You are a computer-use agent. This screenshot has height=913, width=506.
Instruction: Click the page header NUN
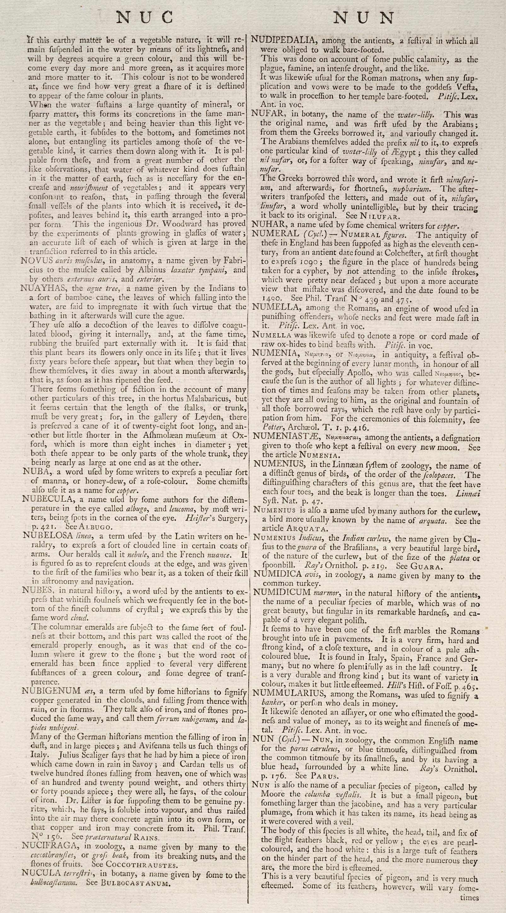pyautogui.click(x=364, y=18)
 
